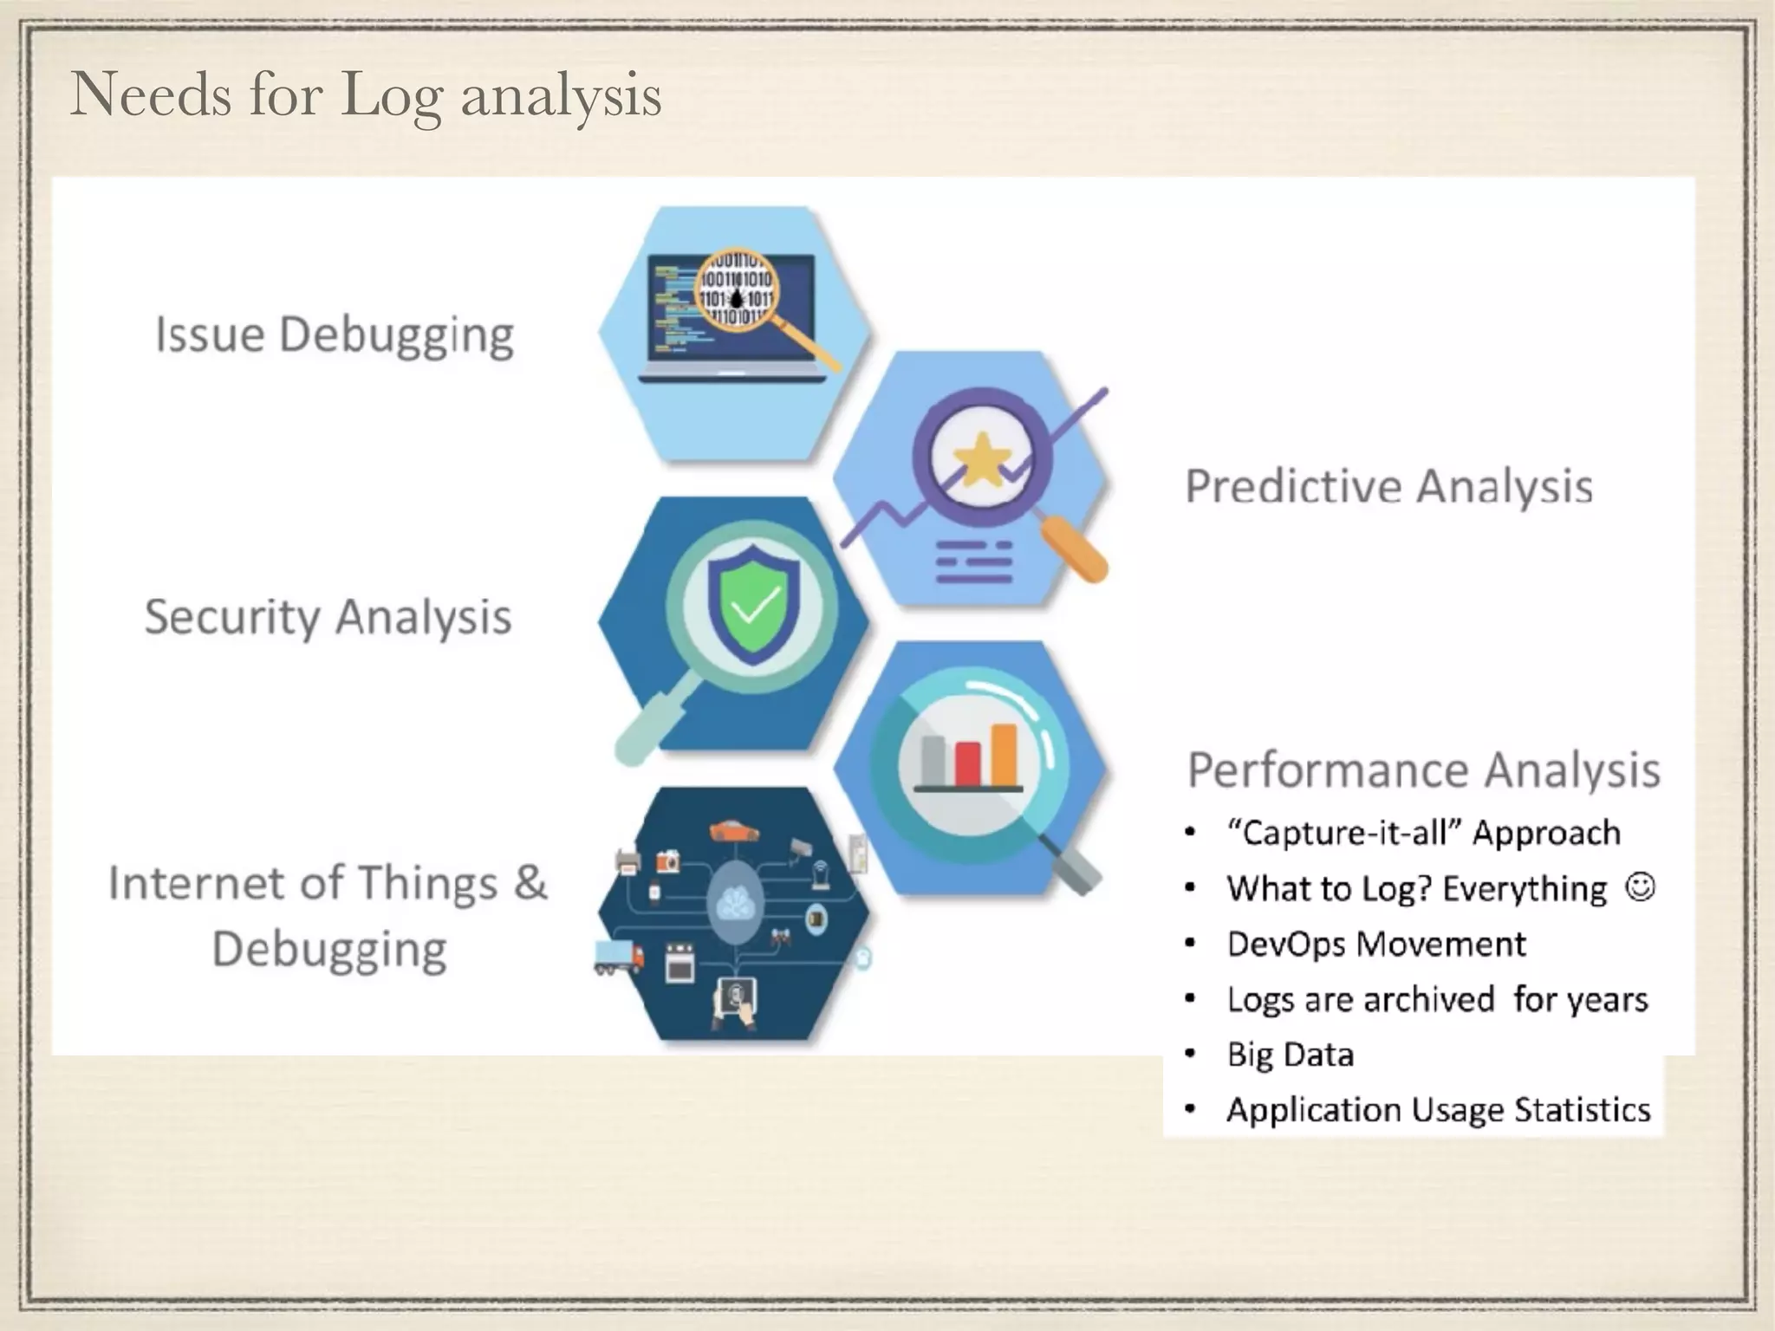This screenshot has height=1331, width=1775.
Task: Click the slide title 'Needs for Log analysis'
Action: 365,95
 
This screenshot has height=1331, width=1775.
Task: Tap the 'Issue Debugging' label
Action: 335,335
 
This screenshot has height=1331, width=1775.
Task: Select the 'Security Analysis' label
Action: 328,617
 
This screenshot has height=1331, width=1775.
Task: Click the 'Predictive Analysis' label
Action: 1388,486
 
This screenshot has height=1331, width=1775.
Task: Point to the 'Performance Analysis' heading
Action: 1423,769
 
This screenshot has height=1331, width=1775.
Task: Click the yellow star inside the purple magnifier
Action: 981,459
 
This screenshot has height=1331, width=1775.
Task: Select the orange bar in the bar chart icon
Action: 1004,753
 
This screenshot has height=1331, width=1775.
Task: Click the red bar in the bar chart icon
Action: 968,763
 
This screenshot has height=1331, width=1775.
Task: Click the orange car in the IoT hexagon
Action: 733,831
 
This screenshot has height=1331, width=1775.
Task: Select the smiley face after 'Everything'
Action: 1640,886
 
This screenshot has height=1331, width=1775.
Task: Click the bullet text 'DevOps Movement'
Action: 1375,944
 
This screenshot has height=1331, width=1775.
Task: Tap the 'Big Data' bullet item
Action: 1290,1055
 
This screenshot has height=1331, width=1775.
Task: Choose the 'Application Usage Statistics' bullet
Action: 1438,1110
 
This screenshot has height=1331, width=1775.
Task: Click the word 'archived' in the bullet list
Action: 1427,999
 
